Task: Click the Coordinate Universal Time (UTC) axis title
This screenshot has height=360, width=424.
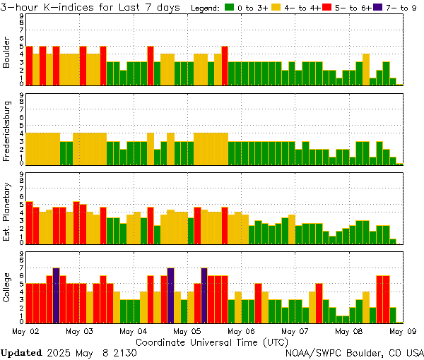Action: pos(212,341)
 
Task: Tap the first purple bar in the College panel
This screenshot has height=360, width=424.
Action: pos(56,295)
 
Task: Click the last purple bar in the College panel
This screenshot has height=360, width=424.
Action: pos(204,295)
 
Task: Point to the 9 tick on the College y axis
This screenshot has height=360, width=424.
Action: pos(22,252)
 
